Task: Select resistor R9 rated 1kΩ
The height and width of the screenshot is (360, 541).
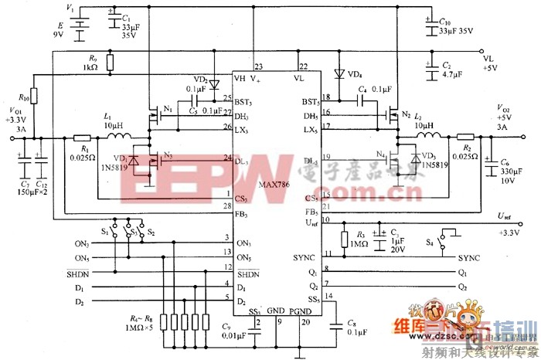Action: [111, 63]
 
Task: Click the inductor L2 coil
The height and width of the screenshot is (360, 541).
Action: [430, 138]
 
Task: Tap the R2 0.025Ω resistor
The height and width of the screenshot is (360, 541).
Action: [464, 138]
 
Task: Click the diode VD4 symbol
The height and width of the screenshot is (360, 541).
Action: [339, 75]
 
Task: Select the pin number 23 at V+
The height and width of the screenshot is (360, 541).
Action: [258, 66]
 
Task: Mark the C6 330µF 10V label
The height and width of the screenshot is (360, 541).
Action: [503, 175]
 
